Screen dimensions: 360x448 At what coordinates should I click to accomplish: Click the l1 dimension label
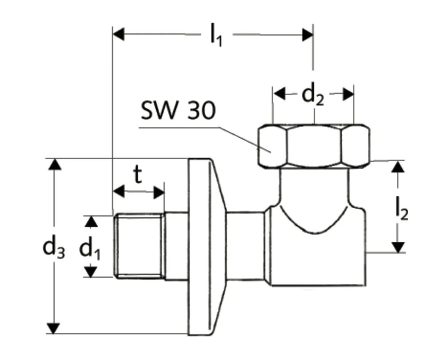pyautogui.click(x=216, y=35)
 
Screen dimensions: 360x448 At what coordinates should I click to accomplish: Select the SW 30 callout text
pyautogui.click(x=178, y=111)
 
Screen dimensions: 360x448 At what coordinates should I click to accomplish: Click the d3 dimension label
pyautogui.click(x=53, y=248)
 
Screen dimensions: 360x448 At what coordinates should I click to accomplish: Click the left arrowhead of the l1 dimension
pyautogui.click(x=119, y=35)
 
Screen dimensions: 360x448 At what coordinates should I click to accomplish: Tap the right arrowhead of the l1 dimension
pyautogui.click(x=307, y=35)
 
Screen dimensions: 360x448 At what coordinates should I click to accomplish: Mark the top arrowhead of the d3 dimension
pyautogui.click(x=55, y=165)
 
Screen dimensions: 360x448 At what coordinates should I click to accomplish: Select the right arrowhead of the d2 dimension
pyautogui.click(x=348, y=94)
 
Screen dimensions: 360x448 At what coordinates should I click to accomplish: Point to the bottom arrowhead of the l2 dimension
pyautogui.click(x=398, y=247)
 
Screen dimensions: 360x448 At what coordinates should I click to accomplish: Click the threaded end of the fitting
pyautogui.click(x=140, y=245)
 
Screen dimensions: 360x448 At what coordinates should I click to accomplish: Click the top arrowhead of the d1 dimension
pyautogui.click(x=91, y=222)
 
